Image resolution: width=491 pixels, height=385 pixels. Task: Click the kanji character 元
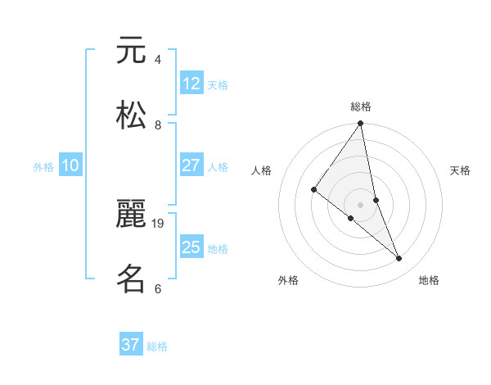(131, 51)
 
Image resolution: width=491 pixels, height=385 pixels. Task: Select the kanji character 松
(131, 115)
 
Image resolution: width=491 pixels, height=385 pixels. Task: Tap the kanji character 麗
(131, 215)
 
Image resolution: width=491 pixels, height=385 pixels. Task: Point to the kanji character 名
(131, 279)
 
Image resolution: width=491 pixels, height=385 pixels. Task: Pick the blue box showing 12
(191, 84)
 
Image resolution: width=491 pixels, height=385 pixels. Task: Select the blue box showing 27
(191, 165)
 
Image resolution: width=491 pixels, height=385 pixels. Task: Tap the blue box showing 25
(191, 247)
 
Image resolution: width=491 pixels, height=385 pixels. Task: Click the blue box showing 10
(70, 165)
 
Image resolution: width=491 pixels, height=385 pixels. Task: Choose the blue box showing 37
(131, 345)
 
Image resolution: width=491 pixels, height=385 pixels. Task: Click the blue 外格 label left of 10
(43, 166)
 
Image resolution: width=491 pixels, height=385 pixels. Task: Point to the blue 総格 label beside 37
(157, 346)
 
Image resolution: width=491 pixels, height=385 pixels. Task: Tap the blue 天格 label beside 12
(218, 84)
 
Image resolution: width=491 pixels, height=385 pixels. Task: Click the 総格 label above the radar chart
(361, 106)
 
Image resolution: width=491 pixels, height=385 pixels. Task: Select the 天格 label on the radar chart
(461, 170)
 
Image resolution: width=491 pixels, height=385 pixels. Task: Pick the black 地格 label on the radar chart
(429, 280)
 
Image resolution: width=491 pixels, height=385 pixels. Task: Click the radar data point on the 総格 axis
(361, 124)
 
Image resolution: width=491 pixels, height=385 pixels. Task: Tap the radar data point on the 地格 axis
(399, 258)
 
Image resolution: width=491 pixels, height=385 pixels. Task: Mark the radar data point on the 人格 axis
(314, 190)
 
